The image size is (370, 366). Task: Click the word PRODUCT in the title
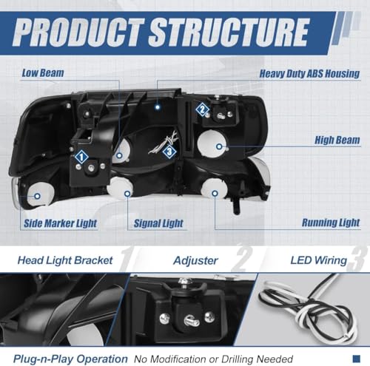coord(78,33)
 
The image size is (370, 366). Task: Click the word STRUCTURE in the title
coord(228,33)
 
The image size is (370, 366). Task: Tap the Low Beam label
coord(43,73)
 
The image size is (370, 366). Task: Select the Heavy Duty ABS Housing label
coord(309,74)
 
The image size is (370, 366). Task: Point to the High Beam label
coord(337,140)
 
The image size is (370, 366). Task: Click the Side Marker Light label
coord(60,223)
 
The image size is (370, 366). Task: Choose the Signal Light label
coord(158,223)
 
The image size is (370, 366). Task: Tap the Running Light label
coord(331,223)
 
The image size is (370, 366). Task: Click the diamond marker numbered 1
coord(81,157)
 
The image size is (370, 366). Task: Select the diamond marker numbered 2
coord(202,109)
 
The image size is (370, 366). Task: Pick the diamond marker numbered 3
coord(169,151)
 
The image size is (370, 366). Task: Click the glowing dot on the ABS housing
coord(157,107)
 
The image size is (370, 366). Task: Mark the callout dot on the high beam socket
coord(219,146)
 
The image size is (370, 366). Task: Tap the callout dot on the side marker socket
coord(37,196)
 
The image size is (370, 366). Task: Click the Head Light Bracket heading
coord(65,260)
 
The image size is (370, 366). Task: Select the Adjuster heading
coord(195,260)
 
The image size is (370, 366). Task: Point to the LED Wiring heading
coord(319,260)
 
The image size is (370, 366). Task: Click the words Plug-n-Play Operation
coord(70,359)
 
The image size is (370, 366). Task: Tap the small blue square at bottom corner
coord(357,359)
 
